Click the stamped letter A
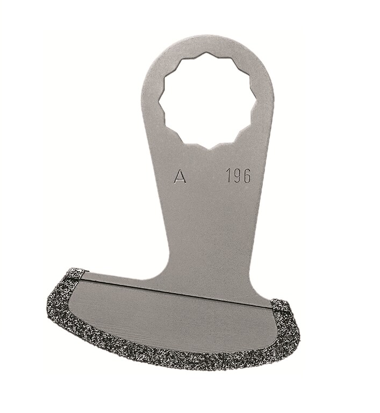(x=180, y=176)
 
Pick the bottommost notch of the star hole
(x=207, y=146)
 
